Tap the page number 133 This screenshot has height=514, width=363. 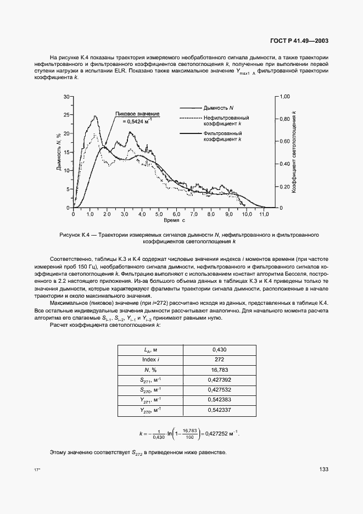click(323, 468)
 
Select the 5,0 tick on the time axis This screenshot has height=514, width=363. click(158, 214)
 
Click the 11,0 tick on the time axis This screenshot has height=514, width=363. click(264, 214)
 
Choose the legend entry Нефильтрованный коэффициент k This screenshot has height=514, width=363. click(226, 121)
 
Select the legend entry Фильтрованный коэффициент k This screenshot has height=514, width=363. click(224, 136)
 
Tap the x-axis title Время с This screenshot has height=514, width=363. click(175, 220)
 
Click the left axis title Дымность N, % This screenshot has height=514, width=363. click(58, 152)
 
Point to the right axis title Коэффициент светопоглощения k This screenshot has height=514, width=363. click(295, 152)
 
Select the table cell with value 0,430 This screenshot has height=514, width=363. click(219, 349)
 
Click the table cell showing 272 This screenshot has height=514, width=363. click(219, 359)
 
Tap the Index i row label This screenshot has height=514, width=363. click(149, 359)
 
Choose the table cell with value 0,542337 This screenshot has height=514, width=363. click(219, 410)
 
